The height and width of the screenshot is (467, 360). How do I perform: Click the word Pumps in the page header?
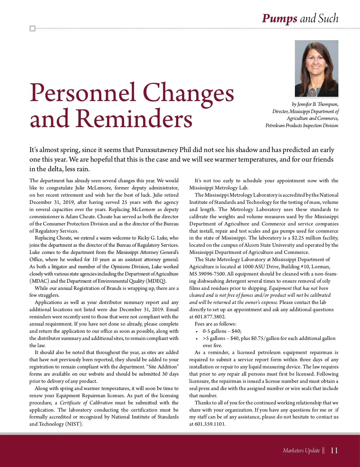279,19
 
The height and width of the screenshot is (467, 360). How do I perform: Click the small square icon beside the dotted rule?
32,28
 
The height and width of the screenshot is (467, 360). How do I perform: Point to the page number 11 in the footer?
334,450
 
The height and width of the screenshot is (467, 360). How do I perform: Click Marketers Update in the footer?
301,450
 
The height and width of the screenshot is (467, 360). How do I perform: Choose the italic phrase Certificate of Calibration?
86,403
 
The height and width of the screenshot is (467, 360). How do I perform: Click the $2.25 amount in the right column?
298,238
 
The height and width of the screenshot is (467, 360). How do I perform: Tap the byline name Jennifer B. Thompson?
315,104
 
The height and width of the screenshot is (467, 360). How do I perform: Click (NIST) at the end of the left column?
74,424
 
